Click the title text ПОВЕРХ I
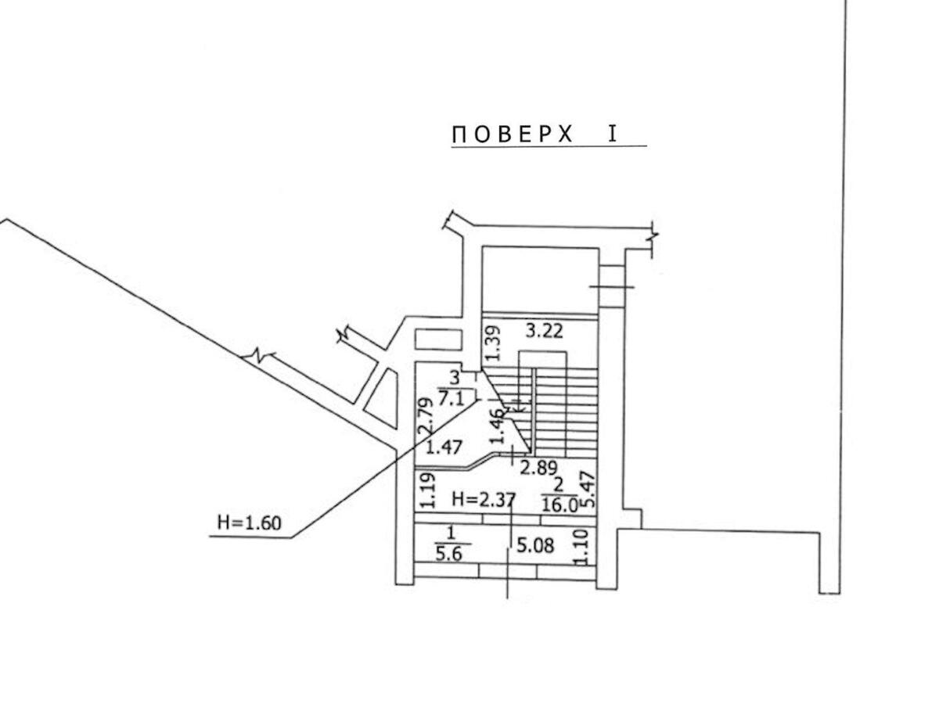[x=534, y=135]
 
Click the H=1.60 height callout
[x=248, y=523]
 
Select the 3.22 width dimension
[x=544, y=331]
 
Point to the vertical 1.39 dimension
[x=491, y=343]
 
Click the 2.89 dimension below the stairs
[x=538, y=469]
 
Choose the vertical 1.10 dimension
[x=581, y=547]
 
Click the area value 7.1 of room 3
[x=453, y=399]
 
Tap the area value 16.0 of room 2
[x=560, y=505]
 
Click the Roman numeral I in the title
[x=613, y=134]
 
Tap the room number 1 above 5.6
[x=449, y=533]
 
